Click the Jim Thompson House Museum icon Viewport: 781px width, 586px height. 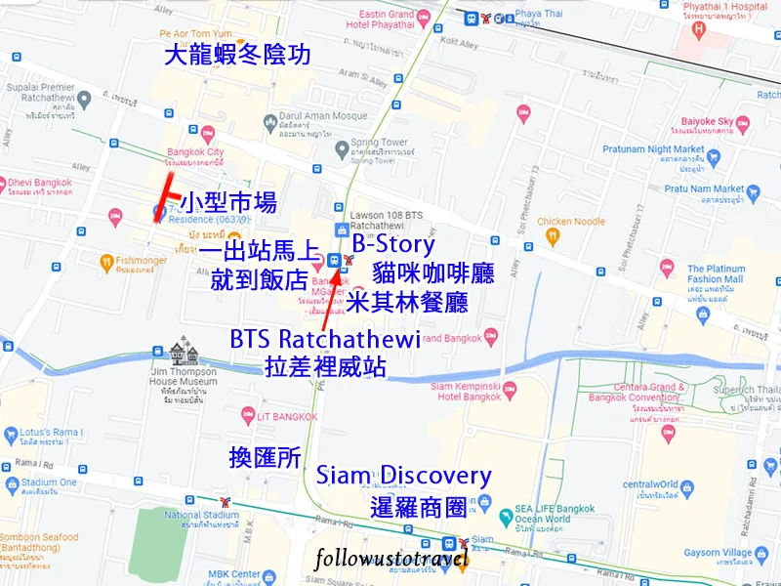pos(181,351)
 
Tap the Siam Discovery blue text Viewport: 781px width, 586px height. pos(404,477)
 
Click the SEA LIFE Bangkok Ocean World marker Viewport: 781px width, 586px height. pos(507,515)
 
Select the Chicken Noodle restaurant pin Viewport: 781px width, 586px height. pos(553,234)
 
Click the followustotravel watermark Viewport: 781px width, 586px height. pos(391,560)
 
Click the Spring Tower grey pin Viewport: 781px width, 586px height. pos(341,149)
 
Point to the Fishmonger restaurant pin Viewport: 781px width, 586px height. pos(106,261)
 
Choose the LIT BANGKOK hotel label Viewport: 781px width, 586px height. pos(287,416)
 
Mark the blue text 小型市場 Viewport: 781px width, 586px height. pos(227,202)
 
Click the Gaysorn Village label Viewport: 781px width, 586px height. pos(722,553)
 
